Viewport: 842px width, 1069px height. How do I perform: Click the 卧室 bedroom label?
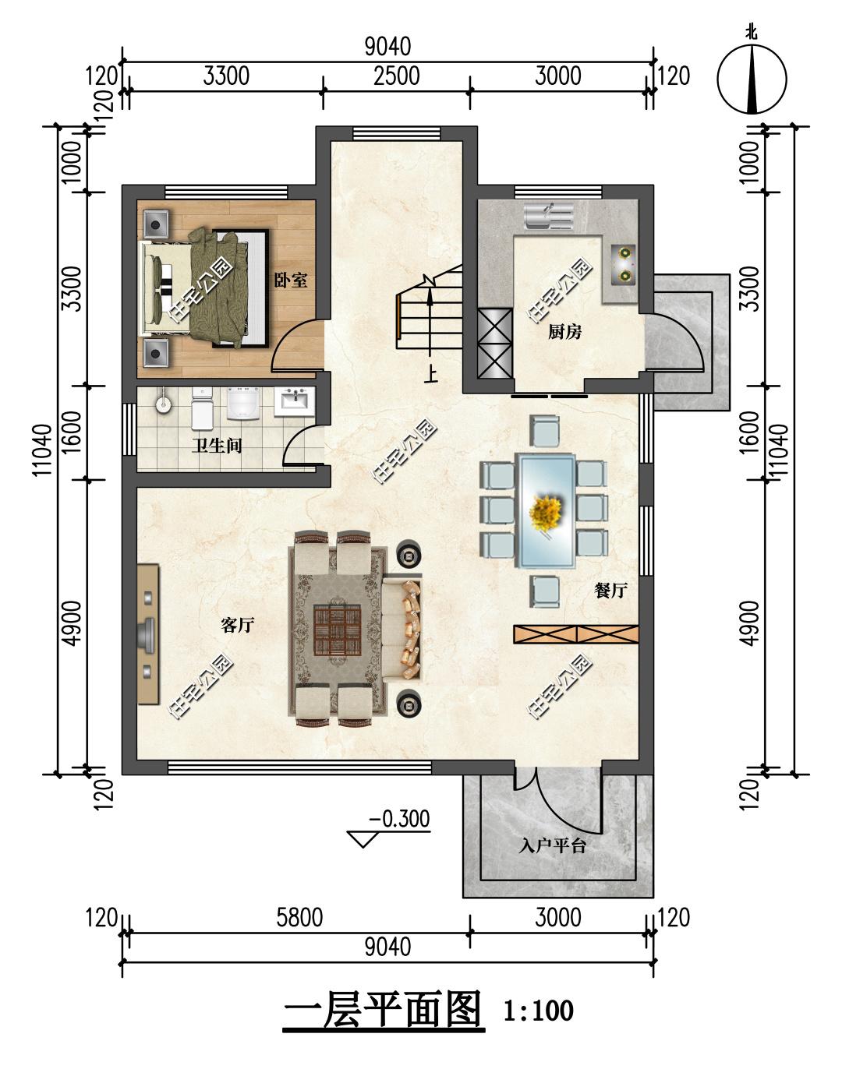coord(291,280)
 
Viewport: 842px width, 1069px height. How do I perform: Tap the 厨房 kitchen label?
coord(564,332)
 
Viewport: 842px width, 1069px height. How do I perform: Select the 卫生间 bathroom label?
coord(218,446)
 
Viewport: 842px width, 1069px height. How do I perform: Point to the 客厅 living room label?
coord(238,625)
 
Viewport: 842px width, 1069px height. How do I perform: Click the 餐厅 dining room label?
coord(611,590)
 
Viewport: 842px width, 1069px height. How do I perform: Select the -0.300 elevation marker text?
coord(399,819)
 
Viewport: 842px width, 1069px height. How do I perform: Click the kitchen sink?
coord(549,217)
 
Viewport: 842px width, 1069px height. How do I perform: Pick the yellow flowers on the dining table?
coord(546,511)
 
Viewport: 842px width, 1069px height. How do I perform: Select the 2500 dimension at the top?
coord(397,76)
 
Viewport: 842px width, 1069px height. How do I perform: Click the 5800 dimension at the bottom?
coord(299,918)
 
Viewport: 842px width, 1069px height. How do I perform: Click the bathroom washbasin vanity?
coord(294,402)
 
